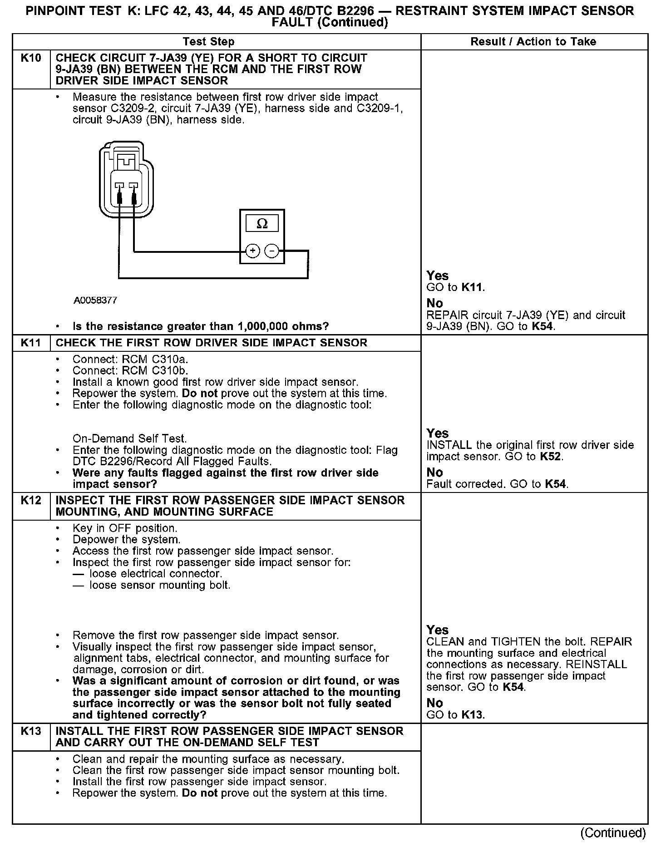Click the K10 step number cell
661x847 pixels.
31,58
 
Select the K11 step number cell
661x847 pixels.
31,343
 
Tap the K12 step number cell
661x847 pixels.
31,501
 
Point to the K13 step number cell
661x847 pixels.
31,731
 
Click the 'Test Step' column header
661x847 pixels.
208,42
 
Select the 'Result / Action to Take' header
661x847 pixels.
533,42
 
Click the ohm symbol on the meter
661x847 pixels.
262,223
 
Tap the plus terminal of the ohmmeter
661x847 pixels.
253,251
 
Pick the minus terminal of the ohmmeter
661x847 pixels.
271,251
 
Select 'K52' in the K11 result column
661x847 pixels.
551,457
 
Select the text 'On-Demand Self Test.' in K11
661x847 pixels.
130,439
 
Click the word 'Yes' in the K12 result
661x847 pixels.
438,630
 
